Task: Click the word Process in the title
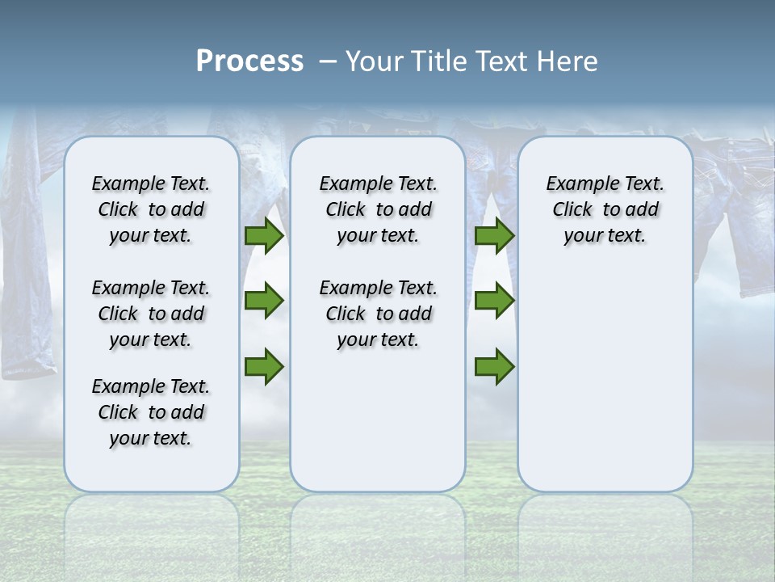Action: (x=249, y=61)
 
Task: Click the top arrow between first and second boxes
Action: (x=264, y=236)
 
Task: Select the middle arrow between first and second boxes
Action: (x=264, y=301)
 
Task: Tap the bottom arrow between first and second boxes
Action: (x=264, y=366)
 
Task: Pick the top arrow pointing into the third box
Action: (x=494, y=236)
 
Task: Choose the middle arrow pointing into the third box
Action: (x=494, y=301)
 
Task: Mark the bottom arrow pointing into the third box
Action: (x=494, y=366)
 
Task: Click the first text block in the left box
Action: (x=151, y=209)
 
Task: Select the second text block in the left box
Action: (x=151, y=314)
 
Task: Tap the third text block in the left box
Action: (x=151, y=412)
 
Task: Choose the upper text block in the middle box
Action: (x=378, y=209)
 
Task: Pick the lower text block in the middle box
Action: (x=378, y=314)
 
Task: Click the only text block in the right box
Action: (x=605, y=209)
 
